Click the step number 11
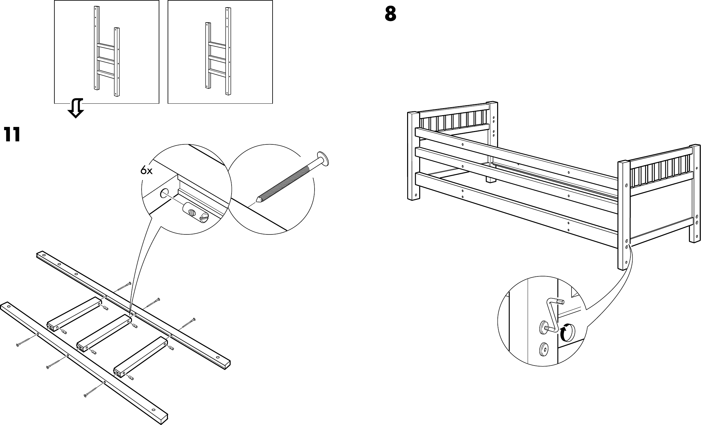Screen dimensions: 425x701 [x=12, y=135]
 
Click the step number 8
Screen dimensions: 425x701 [x=390, y=14]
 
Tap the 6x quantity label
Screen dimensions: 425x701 [x=147, y=171]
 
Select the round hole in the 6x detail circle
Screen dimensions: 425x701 [x=164, y=193]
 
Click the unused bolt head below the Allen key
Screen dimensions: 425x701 [x=544, y=349]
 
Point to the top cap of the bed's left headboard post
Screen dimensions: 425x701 [x=412, y=114]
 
